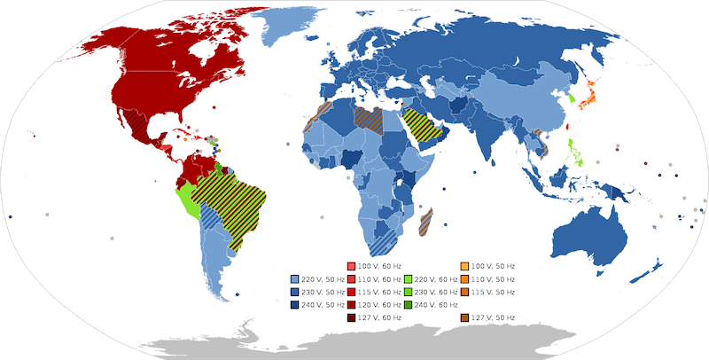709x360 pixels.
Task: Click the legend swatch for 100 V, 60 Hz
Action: (351, 266)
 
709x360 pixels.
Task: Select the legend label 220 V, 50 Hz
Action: (323, 278)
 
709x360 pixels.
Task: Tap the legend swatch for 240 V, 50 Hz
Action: (294, 303)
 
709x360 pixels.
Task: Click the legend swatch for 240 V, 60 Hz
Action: (409, 303)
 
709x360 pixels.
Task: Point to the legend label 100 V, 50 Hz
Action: (495, 266)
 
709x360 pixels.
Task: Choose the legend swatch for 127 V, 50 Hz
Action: (465, 316)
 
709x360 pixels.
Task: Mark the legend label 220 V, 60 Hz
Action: (437, 278)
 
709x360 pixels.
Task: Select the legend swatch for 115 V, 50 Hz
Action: (465, 291)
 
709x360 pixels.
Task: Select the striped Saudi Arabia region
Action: (422, 129)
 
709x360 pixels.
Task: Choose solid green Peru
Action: (189, 200)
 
